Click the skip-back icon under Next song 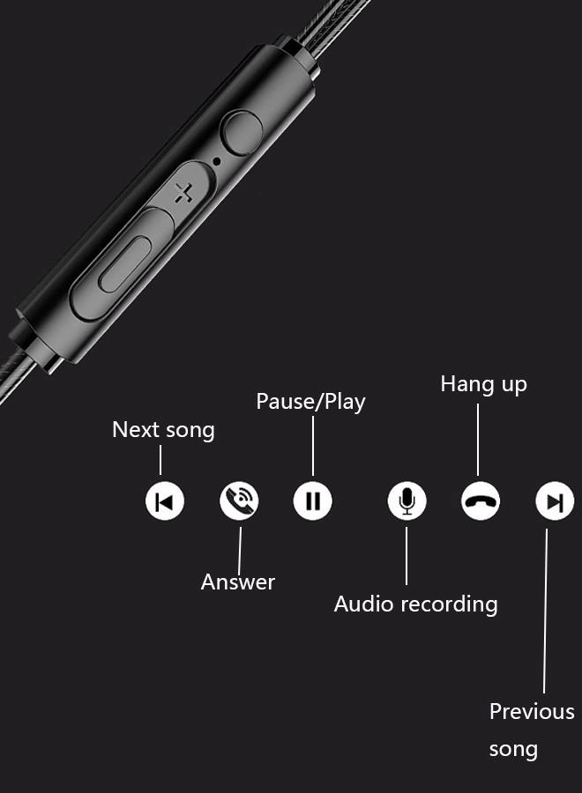point(164,501)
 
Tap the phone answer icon point(239,501)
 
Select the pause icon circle point(313,501)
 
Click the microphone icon point(407,501)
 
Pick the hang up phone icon point(481,501)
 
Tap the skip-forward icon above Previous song point(555,501)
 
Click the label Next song point(163,430)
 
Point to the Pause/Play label point(310,402)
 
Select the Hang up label point(483,384)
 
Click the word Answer point(238,582)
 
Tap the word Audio point(363,604)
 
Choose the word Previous point(532,711)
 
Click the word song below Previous point(513,750)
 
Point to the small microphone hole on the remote point(217,162)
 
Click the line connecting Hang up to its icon point(478,437)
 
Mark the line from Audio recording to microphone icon point(407,553)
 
